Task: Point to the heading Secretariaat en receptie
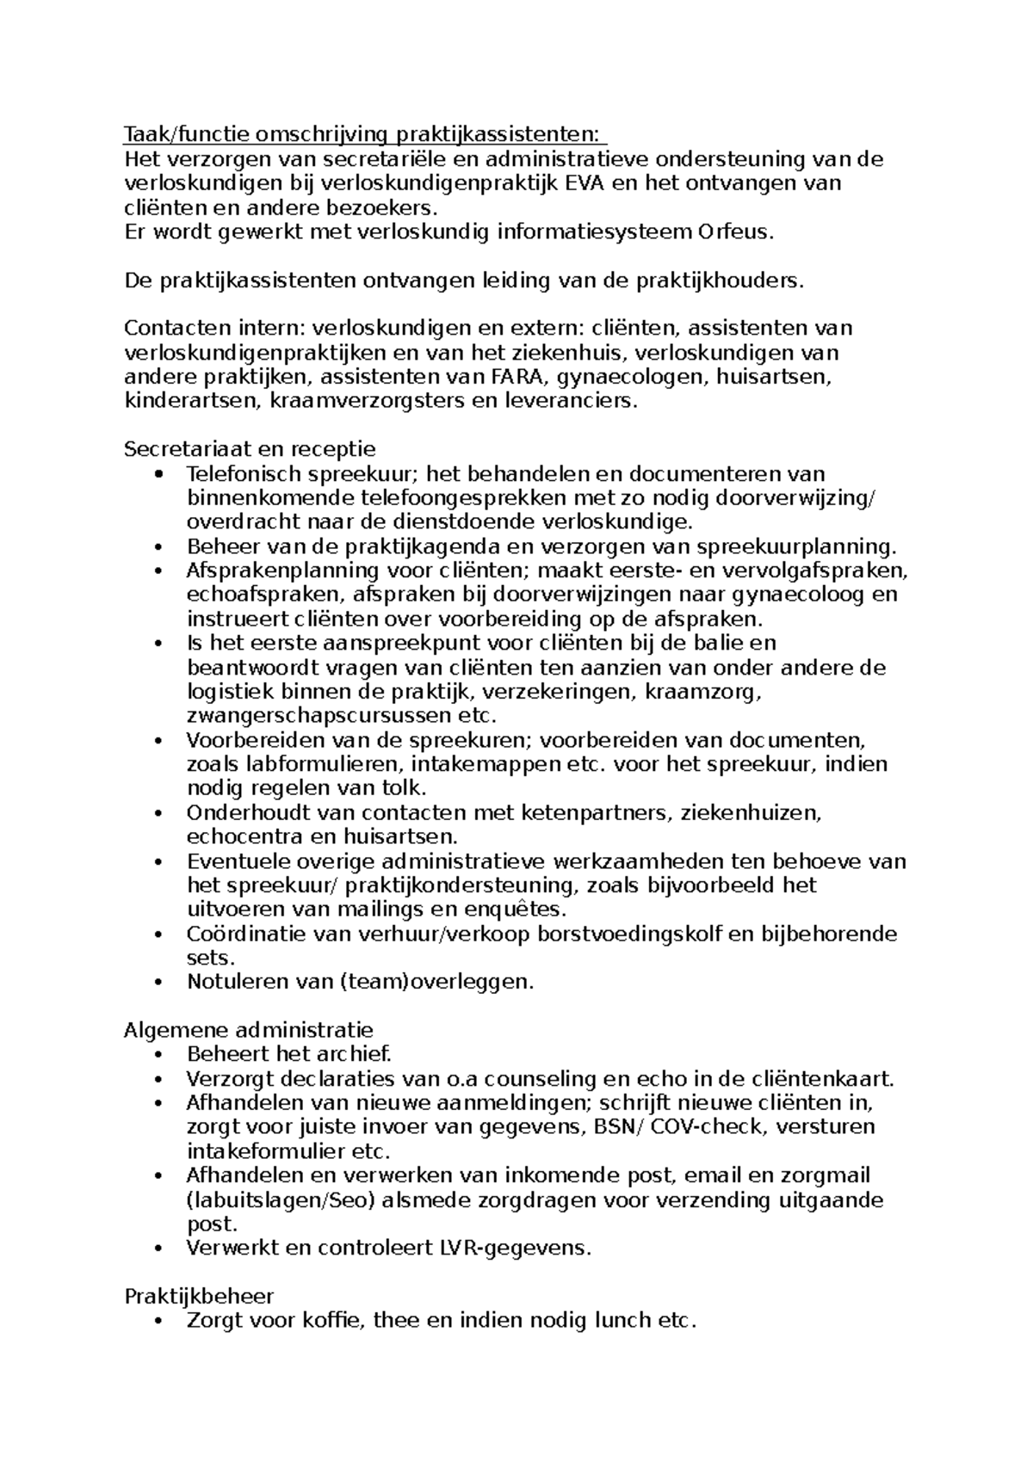tap(250, 449)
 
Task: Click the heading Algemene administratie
tap(249, 1030)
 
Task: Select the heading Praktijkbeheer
tap(199, 1296)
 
